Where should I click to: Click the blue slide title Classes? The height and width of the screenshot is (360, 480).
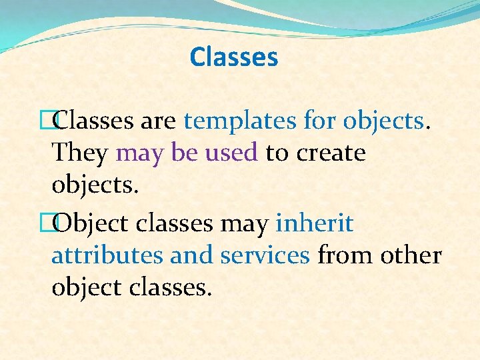pos(233,57)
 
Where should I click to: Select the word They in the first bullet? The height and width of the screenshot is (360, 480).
pos(79,153)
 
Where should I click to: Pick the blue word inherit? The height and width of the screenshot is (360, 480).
pos(314,223)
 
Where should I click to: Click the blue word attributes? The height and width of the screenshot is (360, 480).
pos(107,255)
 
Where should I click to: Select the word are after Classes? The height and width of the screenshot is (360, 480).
pos(158,121)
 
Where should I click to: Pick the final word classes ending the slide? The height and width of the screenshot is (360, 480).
pos(171,287)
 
